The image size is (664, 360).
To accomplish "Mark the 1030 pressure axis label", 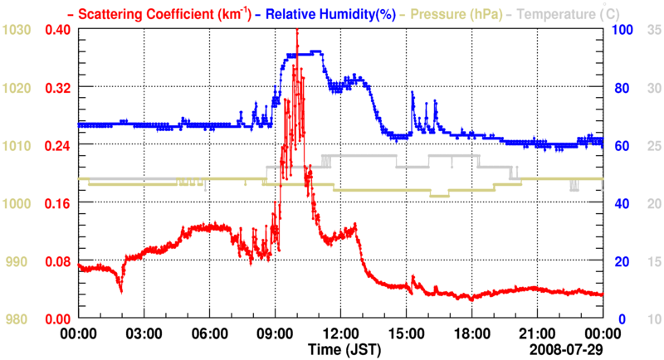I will click(17, 30).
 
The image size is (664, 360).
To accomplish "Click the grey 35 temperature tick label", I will click(652, 30).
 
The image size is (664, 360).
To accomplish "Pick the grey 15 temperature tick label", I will click(652, 261).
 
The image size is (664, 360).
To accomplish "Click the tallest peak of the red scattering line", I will click(297, 31).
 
